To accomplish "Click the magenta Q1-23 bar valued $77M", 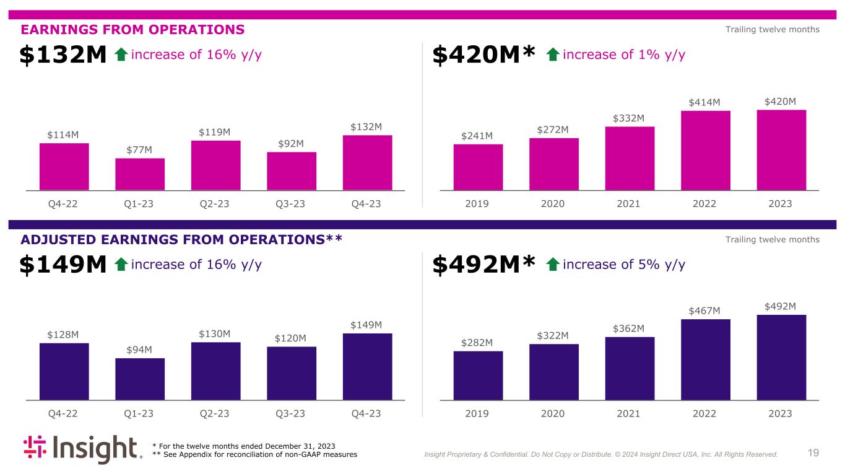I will pos(140,174).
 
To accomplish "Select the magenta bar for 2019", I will pos(478,167).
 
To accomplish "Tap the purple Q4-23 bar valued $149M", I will pos(367,367).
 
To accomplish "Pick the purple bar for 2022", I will pos(705,359).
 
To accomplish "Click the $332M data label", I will pos(629,118).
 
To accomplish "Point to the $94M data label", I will pos(140,350).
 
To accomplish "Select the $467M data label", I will pos(704,311).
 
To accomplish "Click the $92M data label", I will pos(292,144).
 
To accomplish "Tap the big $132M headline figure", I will pos(63,55).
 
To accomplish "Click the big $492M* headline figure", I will pos(483,265).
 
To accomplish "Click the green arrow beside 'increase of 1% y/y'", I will pos(553,55).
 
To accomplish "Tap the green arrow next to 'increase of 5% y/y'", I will pos(553,265).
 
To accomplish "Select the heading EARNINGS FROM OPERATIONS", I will pos(133,29).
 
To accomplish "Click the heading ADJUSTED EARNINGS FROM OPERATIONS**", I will pos(182,239).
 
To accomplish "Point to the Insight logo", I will pos(83,451).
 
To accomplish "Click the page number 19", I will pos(813,453).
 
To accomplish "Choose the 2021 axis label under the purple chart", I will pos(629,413).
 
